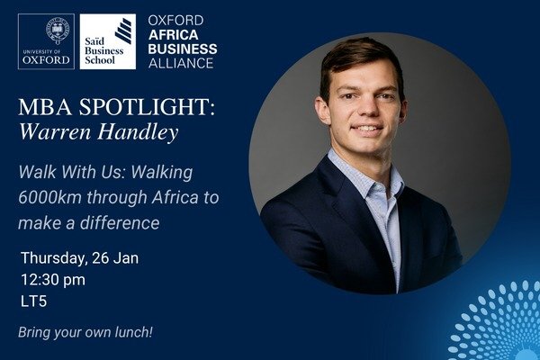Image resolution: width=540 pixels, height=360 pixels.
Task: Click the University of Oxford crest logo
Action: [45, 41]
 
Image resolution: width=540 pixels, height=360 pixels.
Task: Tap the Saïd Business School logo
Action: [107, 41]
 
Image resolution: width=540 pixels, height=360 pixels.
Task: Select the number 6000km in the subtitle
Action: [53, 197]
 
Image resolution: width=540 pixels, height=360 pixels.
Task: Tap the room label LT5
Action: [33, 303]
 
